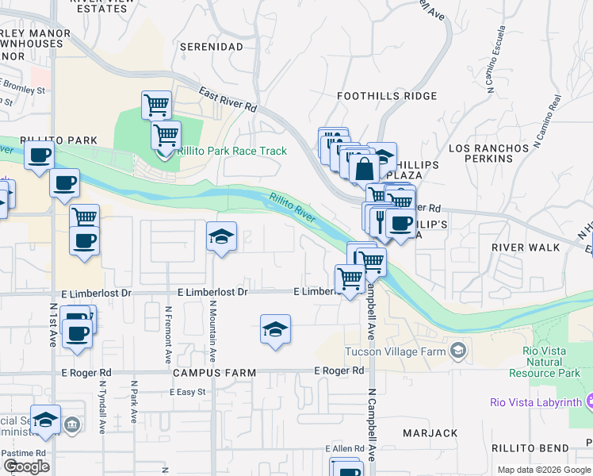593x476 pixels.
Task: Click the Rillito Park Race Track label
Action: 231,151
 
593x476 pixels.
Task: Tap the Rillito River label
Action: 293,207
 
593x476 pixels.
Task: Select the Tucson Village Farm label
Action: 396,351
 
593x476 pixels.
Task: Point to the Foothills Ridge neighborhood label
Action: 387,96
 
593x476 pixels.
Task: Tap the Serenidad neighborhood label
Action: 211,47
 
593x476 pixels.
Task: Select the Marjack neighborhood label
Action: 430,433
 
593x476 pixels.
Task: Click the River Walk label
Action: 525,248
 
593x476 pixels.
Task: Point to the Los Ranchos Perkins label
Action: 488,153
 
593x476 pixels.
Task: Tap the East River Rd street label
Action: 228,98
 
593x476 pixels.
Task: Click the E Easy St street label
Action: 187,392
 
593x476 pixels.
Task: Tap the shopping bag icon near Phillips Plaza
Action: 364,169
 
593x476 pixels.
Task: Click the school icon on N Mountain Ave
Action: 221,236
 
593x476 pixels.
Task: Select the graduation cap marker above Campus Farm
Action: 275,329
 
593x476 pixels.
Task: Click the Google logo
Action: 26,467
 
